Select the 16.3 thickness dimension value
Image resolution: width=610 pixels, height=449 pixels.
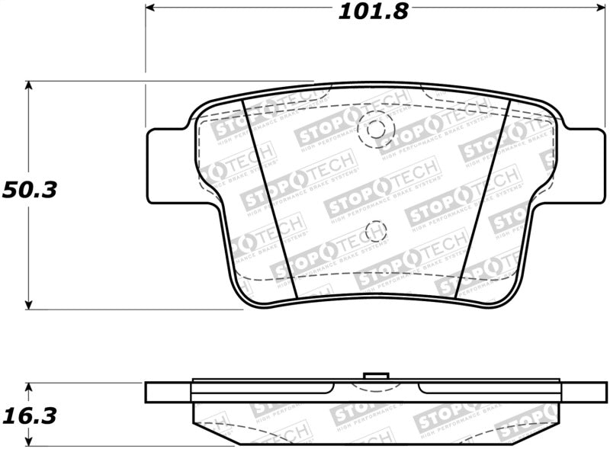(29, 416)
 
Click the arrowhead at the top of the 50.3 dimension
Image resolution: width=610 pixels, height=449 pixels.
(29, 86)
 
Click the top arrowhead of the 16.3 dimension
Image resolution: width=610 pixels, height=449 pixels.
(29, 386)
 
